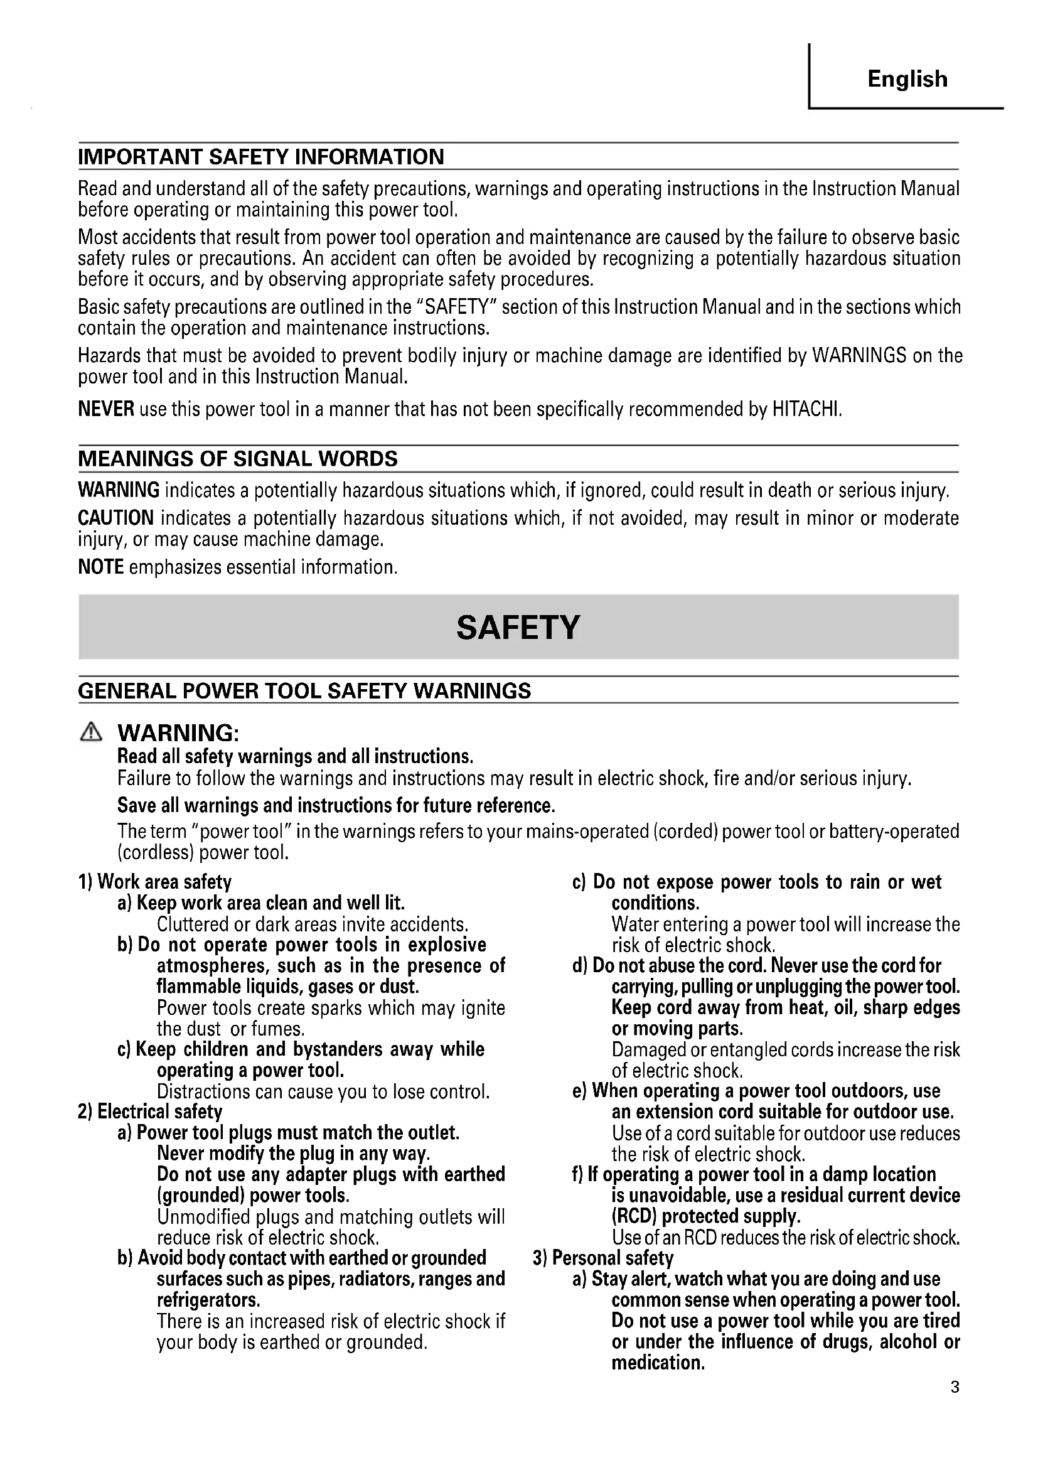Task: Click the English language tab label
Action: pyautogui.click(x=907, y=79)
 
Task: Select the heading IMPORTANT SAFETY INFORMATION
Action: pyautogui.click(x=261, y=158)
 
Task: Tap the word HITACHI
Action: pyautogui.click(x=806, y=409)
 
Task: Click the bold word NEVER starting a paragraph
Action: pyautogui.click(x=106, y=409)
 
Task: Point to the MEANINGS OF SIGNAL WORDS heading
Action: pyautogui.click(x=238, y=459)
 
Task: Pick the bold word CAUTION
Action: pyautogui.click(x=115, y=518)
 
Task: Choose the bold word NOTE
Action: pyautogui.click(x=101, y=567)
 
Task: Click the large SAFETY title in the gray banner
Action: pyautogui.click(x=518, y=627)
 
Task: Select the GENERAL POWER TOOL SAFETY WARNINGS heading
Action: pyautogui.click(x=304, y=691)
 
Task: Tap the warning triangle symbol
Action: pyautogui.click(x=91, y=732)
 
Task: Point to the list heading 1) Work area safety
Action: pyautogui.click(x=154, y=882)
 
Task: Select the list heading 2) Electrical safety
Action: pyautogui.click(x=150, y=1112)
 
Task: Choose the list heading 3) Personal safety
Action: pyautogui.click(x=603, y=1258)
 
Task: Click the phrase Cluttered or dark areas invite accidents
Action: pyautogui.click(x=313, y=924)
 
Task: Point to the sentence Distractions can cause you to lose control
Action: pyautogui.click(x=323, y=1091)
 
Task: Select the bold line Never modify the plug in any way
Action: pyautogui.click(x=293, y=1154)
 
